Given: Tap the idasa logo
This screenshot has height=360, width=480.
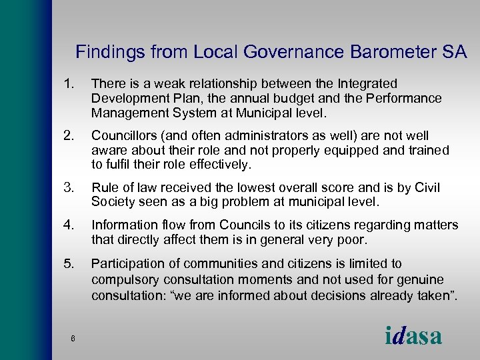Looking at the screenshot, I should [x=413, y=335].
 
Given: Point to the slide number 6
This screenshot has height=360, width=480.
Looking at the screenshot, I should [x=72, y=339].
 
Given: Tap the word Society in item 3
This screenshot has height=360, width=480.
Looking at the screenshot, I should [x=113, y=201].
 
